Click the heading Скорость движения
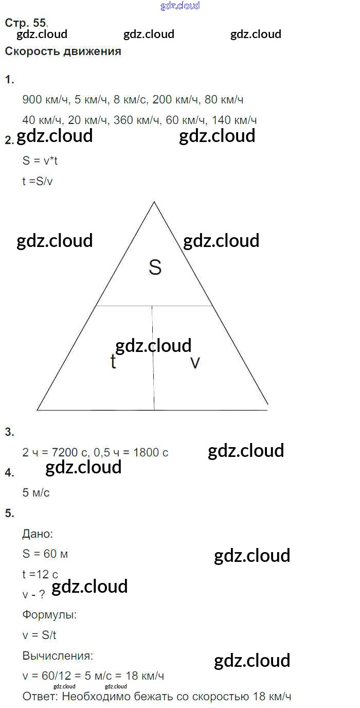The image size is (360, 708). [x=63, y=51]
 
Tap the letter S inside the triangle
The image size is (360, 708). [x=155, y=268]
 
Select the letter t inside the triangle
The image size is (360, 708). [x=113, y=362]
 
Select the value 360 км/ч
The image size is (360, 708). [x=137, y=120]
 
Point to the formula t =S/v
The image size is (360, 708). [x=37, y=182]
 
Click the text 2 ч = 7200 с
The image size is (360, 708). [x=56, y=453]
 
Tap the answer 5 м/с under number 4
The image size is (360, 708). [x=36, y=493]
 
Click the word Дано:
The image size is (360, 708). [x=37, y=534]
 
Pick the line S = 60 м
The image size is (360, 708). [x=45, y=554]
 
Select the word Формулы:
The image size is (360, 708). [x=49, y=614]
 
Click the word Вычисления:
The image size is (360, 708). [x=58, y=656]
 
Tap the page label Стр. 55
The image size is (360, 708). [x=26, y=23]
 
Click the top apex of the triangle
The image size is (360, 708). [x=154, y=202]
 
